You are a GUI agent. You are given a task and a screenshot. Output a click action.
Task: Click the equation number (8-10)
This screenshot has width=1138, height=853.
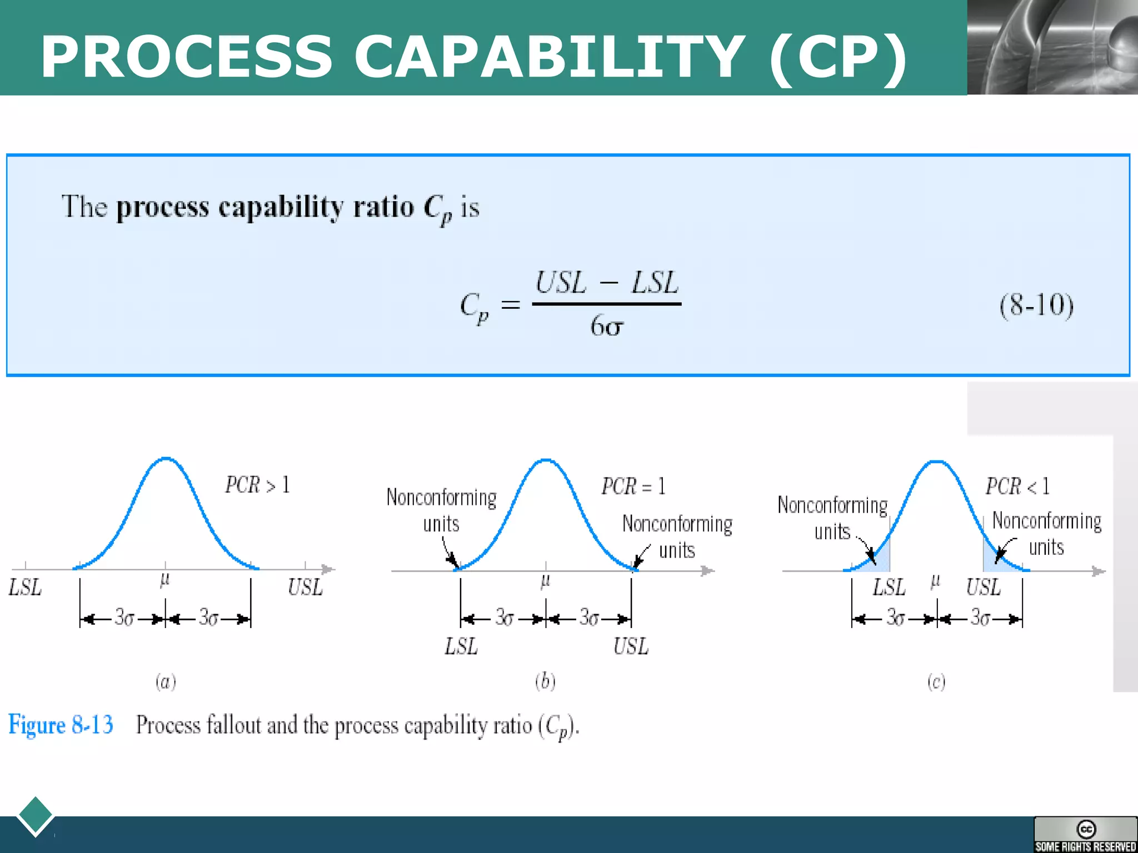click(x=1036, y=305)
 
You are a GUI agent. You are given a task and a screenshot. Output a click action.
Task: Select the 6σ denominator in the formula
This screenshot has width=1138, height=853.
click(x=606, y=326)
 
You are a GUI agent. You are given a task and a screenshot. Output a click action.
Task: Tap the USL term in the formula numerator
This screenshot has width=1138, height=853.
click(x=561, y=283)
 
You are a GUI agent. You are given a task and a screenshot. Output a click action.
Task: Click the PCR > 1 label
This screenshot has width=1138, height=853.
click(x=257, y=485)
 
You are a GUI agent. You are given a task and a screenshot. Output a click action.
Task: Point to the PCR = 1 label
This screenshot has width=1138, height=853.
click(x=633, y=486)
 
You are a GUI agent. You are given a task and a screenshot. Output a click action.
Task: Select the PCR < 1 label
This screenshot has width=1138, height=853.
click(x=1017, y=486)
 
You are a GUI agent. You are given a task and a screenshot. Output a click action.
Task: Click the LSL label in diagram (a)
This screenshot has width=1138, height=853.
click(x=25, y=588)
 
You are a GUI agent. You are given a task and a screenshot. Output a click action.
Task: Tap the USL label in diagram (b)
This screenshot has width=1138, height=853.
click(x=631, y=646)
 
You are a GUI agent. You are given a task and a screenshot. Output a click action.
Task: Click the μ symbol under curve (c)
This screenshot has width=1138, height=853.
click(x=936, y=581)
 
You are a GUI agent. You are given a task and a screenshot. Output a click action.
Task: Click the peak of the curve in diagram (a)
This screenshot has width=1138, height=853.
click(x=166, y=459)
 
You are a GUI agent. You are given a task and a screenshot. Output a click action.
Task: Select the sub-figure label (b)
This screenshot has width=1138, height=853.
click(x=545, y=681)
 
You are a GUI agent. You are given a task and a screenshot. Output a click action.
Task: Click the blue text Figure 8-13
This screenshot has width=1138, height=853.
click(x=61, y=725)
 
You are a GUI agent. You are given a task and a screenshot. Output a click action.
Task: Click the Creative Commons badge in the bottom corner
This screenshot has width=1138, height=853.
click(x=1085, y=834)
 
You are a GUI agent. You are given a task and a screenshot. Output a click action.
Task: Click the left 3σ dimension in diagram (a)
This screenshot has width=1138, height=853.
click(x=123, y=618)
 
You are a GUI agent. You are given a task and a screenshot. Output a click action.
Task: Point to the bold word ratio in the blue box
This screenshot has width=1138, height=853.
click(x=384, y=207)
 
